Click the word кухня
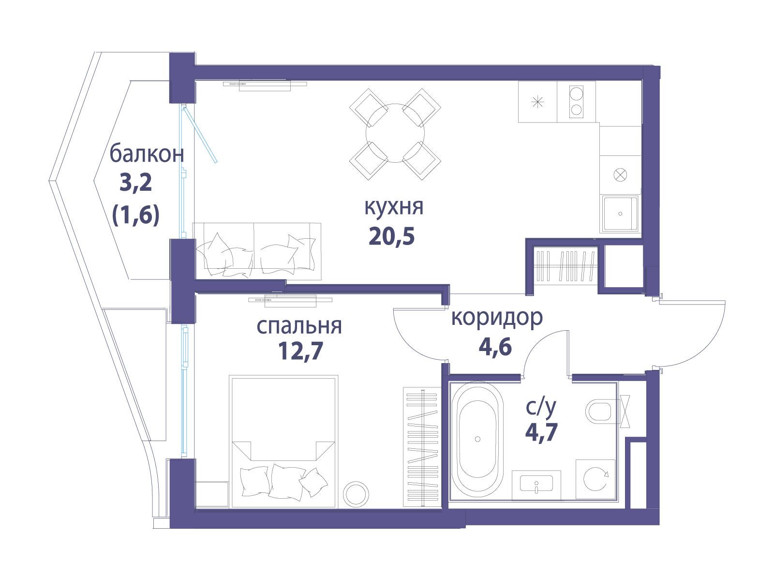(393, 207)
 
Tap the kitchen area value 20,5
(391, 236)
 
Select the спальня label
(299, 326)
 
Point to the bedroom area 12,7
(300, 351)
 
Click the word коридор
(497, 318)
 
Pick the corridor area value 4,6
(495, 347)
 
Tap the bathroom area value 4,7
(541, 432)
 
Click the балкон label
(147, 154)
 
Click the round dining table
(395, 133)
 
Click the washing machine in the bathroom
(595, 479)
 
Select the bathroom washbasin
(536, 485)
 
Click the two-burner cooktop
(576, 102)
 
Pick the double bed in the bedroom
(283, 442)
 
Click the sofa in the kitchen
(256, 250)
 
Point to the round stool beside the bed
(356, 494)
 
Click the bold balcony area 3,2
(136, 183)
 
